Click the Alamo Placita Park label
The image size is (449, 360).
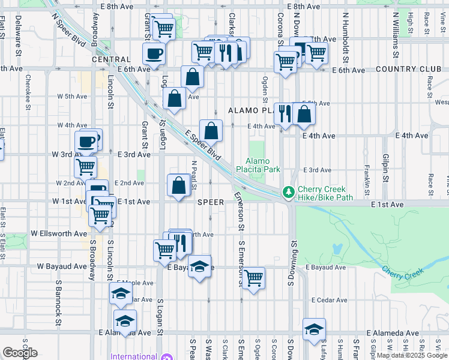(x=263, y=165)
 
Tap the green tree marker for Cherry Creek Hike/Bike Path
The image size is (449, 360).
(x=289, y=191)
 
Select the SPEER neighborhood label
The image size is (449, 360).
(x=211, y=202)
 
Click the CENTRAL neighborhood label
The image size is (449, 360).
(x=111, y=59)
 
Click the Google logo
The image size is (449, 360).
(x=20, y=353)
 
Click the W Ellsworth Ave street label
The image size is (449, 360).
(x=59, y=233)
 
